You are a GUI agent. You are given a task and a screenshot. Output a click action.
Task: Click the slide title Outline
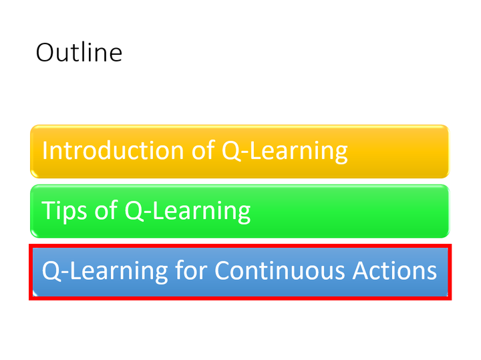click(79, 52)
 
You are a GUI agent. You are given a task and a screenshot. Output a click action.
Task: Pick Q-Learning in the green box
click(188, 211)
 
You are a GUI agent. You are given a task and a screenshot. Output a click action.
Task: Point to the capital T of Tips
click(48, 210)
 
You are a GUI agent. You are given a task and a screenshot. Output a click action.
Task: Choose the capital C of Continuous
click(223, 271)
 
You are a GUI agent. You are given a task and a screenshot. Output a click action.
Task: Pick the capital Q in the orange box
click(231, 150)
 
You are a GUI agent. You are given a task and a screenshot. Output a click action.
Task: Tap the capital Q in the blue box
click(51, 271)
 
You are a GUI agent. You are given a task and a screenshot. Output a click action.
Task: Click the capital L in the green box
click(159, 210)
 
